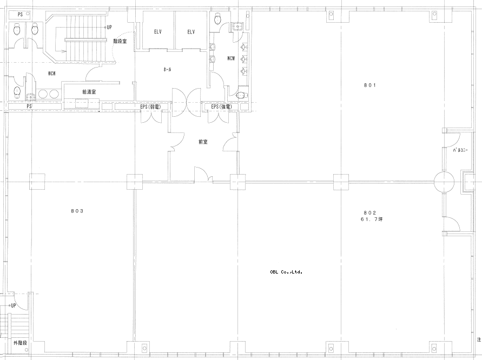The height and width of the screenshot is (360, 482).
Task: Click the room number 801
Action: coord(370,85)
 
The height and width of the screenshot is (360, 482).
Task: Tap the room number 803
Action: coord(77,211)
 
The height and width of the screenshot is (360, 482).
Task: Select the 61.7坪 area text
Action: coord(372,219)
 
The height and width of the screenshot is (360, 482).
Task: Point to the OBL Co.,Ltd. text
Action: coord(286,272)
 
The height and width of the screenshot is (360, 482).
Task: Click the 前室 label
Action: coord(203,142)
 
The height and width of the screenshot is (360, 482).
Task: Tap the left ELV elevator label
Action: coord(158,32)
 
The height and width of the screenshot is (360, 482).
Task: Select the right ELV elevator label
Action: coord(191,32)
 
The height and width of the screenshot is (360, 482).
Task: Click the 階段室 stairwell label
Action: coord(120,41)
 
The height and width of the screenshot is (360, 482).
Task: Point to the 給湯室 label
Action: coord(89,91)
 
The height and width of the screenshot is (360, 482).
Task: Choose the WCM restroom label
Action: coord(231,58)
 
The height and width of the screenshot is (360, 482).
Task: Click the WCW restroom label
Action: coord(51,74)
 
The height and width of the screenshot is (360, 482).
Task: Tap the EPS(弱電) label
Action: coord(150,106)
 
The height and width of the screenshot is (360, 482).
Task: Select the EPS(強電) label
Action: coord(221,106)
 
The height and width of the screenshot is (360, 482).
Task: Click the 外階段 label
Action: coord(21,343)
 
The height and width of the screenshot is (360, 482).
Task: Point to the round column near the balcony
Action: coord(444,182)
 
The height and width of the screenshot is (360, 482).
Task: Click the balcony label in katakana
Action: coord(460,150)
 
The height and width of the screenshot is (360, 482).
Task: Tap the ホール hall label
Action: coord(167,70)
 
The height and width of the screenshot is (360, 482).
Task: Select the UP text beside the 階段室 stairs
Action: coord(109,28)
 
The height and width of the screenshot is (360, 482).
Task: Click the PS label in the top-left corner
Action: coord(20,15)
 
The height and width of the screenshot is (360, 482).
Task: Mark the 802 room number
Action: coord(370,212)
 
